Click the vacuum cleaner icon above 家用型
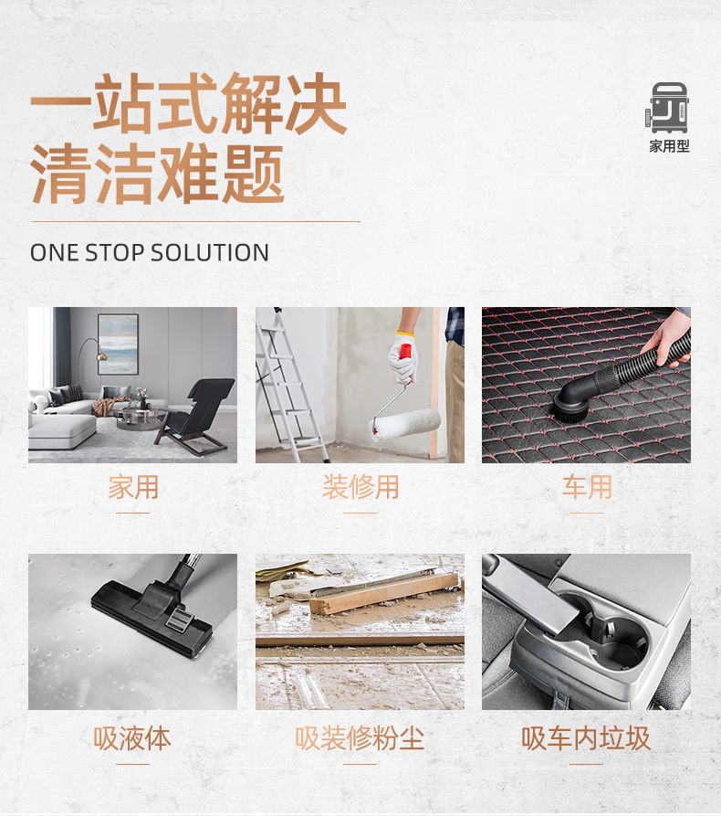(668, 108)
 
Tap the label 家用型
(669, 147)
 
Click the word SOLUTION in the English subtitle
(210, 253)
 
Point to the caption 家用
(133, 487)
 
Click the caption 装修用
(360, 487)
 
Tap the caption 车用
(587, 487)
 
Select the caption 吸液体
(132, 738)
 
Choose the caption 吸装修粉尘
(360, 738)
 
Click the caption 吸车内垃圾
(586, 738)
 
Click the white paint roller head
(406, 424)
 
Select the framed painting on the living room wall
(119, 344)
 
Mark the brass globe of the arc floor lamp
(102, 357)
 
